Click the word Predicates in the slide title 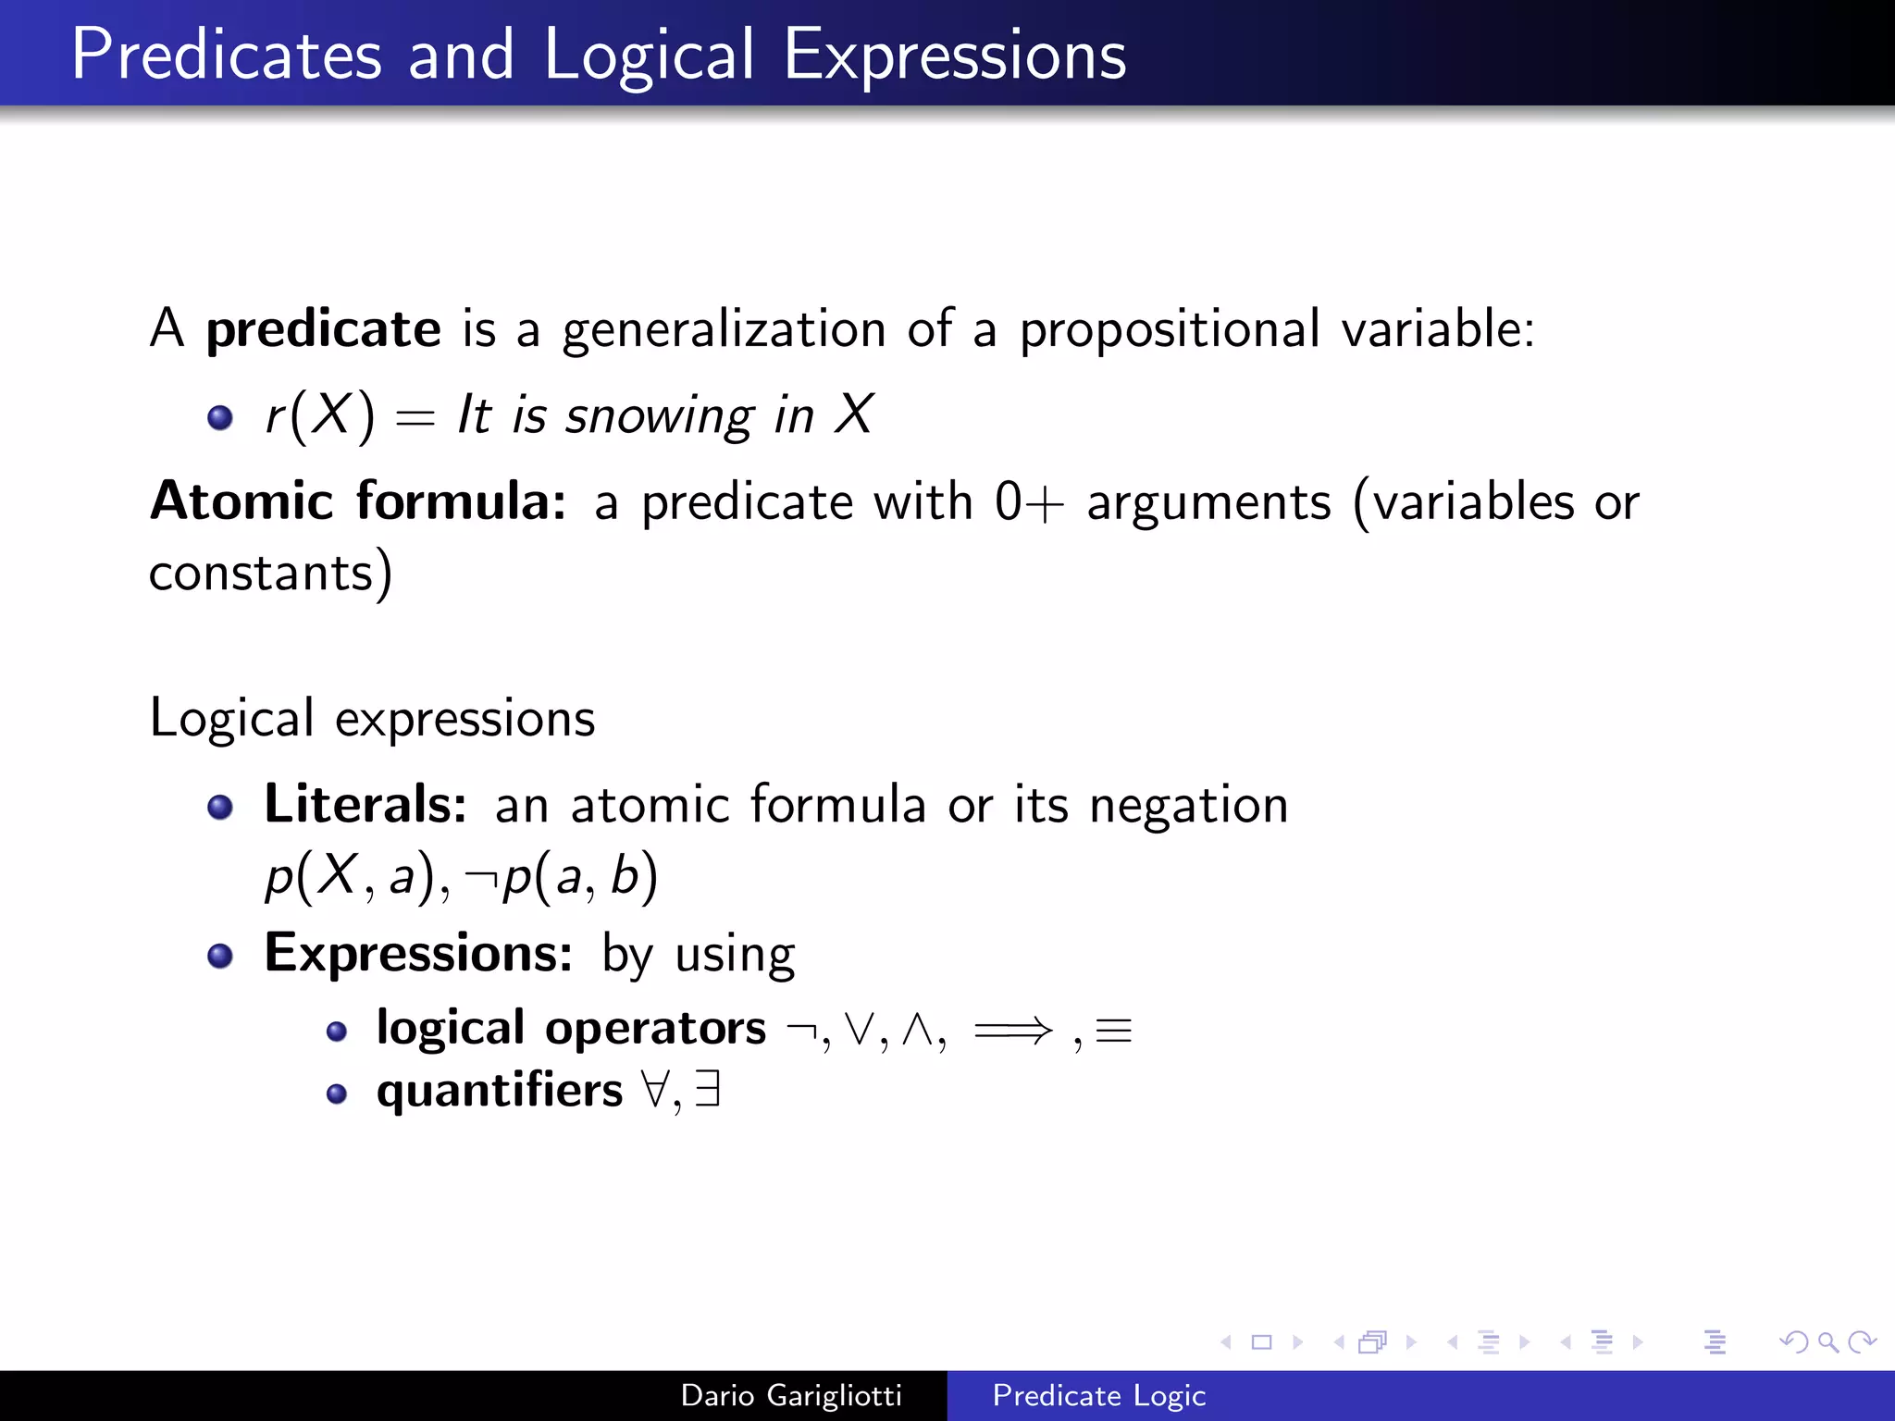226,56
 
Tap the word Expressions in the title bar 955,56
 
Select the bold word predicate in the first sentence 323,329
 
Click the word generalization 725,329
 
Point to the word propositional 1170,329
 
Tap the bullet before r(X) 220,417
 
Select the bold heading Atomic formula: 358,501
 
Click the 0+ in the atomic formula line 1028,503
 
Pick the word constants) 270,573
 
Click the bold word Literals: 365,803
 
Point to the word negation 1188,805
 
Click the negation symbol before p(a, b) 480,877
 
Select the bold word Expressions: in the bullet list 418,953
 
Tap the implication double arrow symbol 1013,1030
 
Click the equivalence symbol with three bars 1113,1031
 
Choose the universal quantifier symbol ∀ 655,1090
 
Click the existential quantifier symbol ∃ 708,1089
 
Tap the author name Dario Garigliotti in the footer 791,1395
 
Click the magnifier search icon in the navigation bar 1827,1341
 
